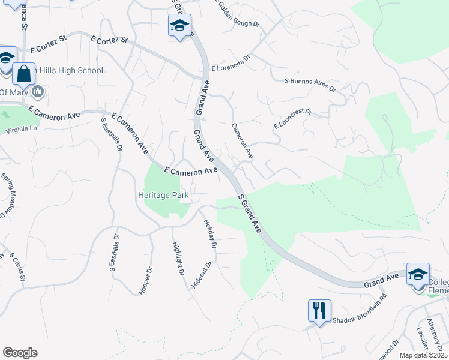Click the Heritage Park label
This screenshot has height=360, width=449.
[x=163, y=196]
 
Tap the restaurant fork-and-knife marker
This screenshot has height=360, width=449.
[x=319, y=311]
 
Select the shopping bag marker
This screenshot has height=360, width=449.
[x=23, y=74]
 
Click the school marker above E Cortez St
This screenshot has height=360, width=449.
[x=179, y=26]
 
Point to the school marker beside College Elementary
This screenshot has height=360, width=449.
[x=418, y=275]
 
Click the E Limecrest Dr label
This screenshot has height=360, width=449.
[x=293, y=119]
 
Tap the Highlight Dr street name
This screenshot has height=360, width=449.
[x=178, y=259]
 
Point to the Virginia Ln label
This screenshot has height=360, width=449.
[x=21, y=129]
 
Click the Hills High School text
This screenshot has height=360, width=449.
[x=67, y=71]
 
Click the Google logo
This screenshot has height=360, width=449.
[x=20, y=353]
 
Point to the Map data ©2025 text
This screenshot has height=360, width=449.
[x=423, y=355]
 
